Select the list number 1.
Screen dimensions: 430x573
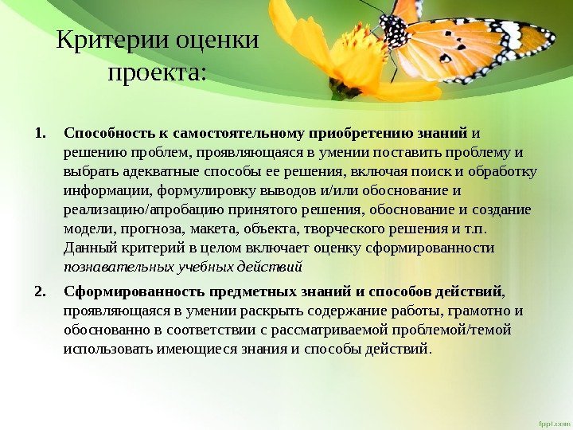click(x=41, y=133)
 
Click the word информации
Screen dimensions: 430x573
click(x=107, y=190)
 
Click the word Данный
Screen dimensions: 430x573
click(x=88, y=248)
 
